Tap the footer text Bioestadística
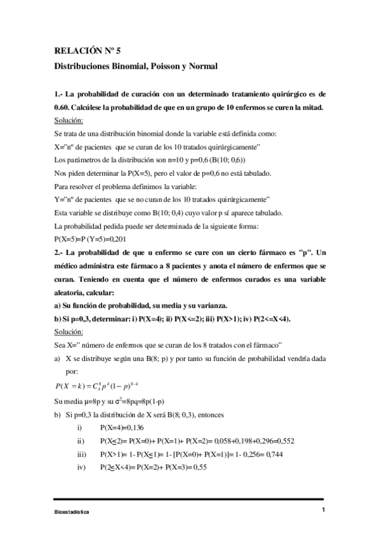point(72,511)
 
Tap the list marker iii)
point(81,454)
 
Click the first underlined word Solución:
point(69,120)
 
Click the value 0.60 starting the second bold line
point(64,107)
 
